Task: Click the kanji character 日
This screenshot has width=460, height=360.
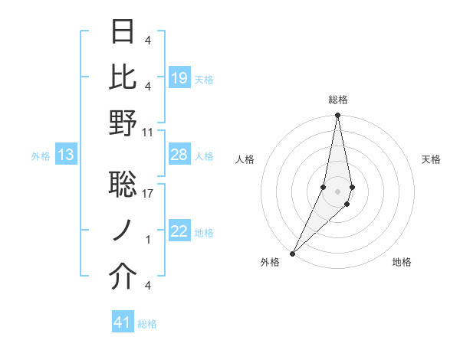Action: pyautogui.click(x=123, y=32)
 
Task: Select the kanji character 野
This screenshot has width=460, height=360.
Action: pyautogui.click(x=123, y=124)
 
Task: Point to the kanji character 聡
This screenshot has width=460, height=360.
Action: pyautogui.click(x=123, y=185)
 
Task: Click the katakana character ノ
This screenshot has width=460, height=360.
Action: pyautogui.click(x=123, y=232)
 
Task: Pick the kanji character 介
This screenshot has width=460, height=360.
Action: pyautogui.click(x=123, y=278)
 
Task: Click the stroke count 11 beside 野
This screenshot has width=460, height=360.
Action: pyautogui.click(x=148, y=132)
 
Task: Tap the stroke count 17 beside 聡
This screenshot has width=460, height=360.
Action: pyautogui.click(x=148, y=194)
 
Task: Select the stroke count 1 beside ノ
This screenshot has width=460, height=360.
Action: pyautogui.click(x=148, y=240)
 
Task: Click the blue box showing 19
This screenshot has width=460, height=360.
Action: pyautogui.click(x=179, y=78)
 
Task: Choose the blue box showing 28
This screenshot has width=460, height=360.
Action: pyautogui.click(x=179, y=155)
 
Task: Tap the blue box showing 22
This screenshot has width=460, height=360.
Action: pyautogui.click(x=179, y=232)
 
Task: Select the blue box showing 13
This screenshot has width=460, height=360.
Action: pyautogui.click(x=66, y=155)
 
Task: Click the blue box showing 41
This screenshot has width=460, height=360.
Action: pyautogui.click(x=123, y=323)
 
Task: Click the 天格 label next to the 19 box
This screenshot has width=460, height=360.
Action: pyautogui.click(x=204, y=79)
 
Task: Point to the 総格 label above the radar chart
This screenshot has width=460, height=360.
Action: pyautogui.click(x=338, y=100)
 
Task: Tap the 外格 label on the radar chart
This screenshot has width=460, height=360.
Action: pyautogui.click(x=270, y=263)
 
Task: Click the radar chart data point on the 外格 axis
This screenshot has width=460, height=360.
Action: pyautogui.click(x=293, y=254)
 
